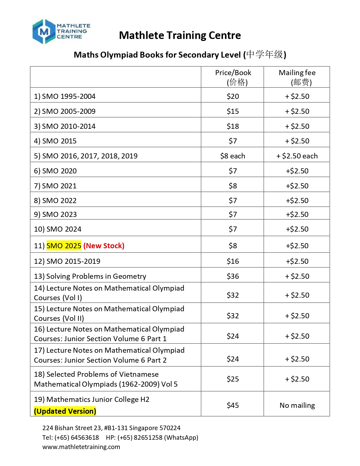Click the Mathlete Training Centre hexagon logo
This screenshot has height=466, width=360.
[44, 32]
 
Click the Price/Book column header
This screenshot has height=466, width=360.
[233, 77]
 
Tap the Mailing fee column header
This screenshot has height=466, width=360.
[297, 77]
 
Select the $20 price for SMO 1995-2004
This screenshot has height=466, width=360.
[233, 96]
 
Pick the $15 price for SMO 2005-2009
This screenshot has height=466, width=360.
[233, 111]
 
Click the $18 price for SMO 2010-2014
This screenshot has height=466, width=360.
[233, 126]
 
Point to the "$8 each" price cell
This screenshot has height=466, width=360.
[233, 156]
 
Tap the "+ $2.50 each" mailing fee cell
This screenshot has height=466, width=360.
[297, 156]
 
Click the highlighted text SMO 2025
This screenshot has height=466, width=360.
[64, 246]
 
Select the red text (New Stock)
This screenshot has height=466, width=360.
[104, 246]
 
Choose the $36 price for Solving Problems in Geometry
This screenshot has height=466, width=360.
[233, 276]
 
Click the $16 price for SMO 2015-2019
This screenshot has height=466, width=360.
[233, 261]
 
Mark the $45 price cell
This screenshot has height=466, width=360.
[233, 405]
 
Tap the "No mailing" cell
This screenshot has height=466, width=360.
[297, 405]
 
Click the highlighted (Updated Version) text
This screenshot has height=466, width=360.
[65, 411]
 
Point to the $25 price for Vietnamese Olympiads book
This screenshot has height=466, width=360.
[233, 379]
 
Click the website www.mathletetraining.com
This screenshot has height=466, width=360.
[81, 447]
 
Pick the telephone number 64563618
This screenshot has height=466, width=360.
[85, 437]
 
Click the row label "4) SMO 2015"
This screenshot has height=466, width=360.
[55, 141]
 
